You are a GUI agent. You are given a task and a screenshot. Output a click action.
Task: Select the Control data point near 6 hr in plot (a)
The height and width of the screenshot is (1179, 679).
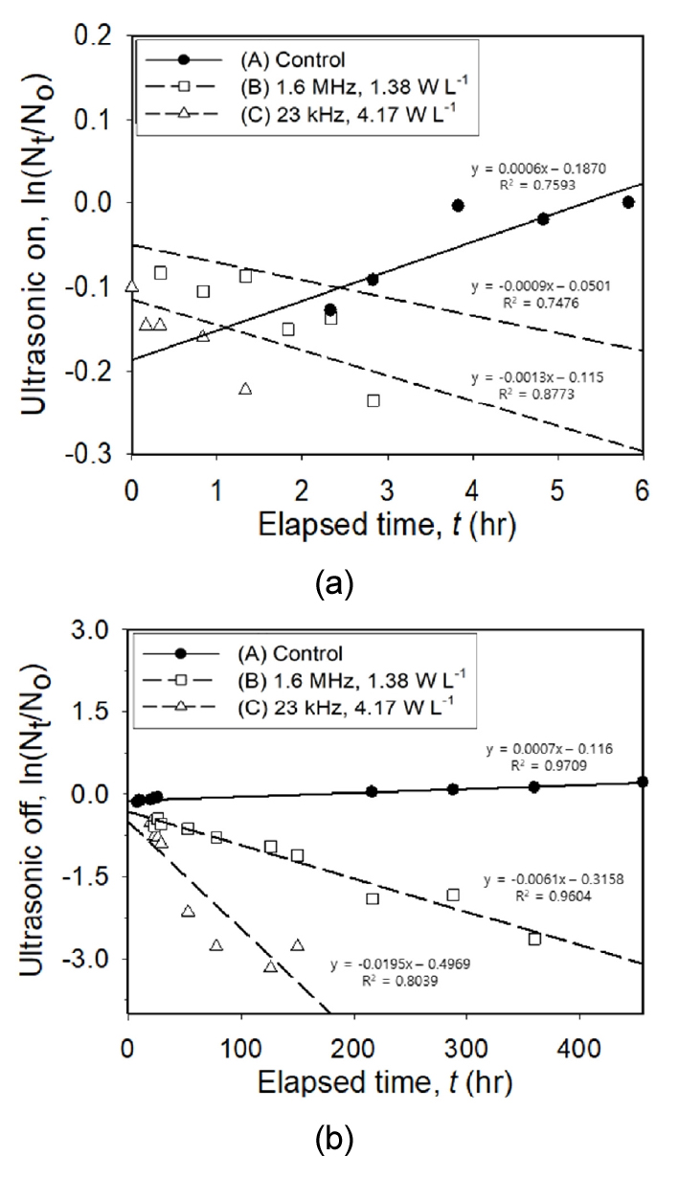click(628, 202)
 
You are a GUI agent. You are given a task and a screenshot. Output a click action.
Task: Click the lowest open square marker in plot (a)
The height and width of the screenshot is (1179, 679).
click(373, 400)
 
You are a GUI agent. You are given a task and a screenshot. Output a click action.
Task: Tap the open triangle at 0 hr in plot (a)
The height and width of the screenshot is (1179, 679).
click(132, 286)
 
